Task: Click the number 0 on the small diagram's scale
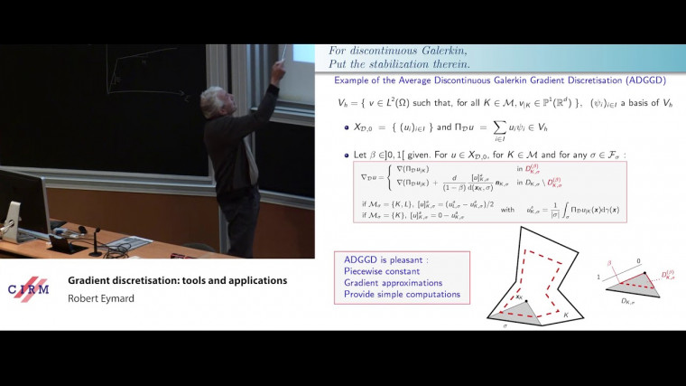tap(639, 260)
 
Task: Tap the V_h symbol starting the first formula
tap(341, 105)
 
